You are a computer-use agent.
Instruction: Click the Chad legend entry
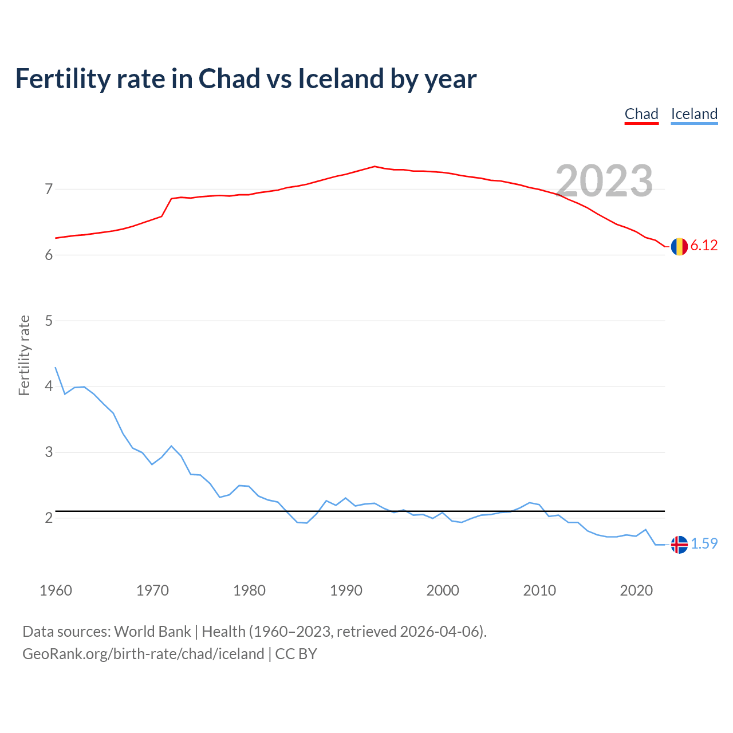[641, 114]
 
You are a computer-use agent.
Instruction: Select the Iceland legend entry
[694, 114]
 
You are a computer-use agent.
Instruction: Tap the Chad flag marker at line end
[679, 246]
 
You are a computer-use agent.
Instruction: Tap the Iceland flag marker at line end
[679, 545]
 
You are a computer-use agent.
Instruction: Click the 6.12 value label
[704, 246]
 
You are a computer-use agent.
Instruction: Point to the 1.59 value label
[704, 544]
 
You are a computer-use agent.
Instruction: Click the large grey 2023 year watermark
[604, 181]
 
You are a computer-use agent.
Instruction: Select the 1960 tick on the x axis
[56, 590]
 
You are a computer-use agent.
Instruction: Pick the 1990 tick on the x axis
[346, 590]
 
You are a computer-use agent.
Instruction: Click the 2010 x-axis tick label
[539, 590]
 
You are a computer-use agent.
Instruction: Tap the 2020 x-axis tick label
[636, 590]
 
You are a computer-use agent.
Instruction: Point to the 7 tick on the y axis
[49, 189]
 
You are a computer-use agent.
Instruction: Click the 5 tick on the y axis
[49, 321]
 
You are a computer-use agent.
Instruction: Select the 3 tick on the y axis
[49, 452]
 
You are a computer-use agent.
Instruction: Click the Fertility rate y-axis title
[24, 355]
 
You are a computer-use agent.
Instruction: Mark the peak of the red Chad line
[375, 167]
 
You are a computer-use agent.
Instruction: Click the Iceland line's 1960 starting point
[56, 368]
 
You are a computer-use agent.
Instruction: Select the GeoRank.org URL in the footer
[143, 654]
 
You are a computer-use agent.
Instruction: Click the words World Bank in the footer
[152, 632]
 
